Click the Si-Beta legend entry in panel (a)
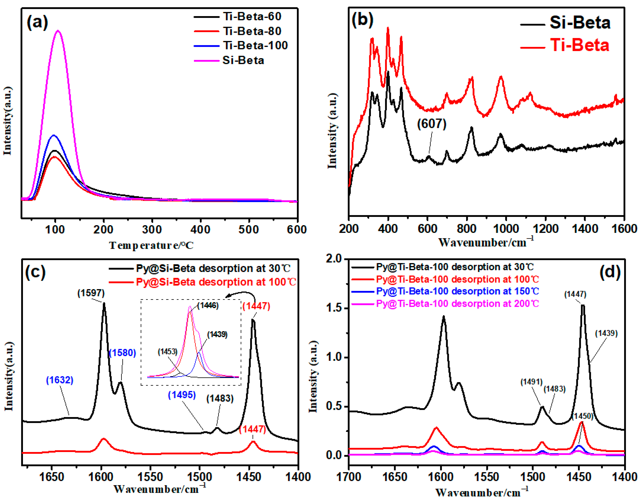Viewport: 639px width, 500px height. pyautogui.click(x=243, y=60)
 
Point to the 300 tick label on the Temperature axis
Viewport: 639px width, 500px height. pyautogui.click(x=152, y=230)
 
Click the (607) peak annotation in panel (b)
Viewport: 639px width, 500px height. pyautogui.click(x=432, y=124)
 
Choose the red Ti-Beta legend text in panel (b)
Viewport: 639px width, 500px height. pyautogui.click(x=579, y=45)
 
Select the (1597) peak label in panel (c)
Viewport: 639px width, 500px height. pyautogui.click(x=91, y=293)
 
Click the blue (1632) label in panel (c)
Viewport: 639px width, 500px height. pyautogui.click(x=60, y=380)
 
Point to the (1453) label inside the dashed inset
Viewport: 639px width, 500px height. pyautogui.click(x=167, y=352)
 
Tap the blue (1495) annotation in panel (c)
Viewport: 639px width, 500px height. pyautogui.click(x=182, y=395)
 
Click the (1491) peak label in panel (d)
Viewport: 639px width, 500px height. pyautogui.click(x=531, y=382)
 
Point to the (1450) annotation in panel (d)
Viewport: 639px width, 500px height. pyautogui.click(x=582, y=416)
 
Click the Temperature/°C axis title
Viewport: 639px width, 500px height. pyautogui.click(x=151, y=245)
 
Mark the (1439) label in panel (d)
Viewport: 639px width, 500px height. pyautogui.click(x=606, y=333)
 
